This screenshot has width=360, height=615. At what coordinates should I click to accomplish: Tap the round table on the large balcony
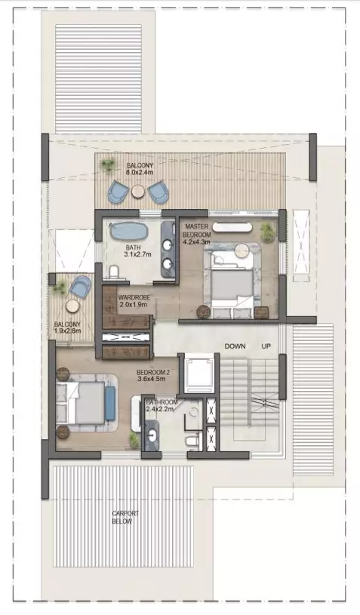(138, 191)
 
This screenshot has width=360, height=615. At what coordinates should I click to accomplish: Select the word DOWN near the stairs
(235, 346)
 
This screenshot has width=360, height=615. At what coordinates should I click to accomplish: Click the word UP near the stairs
(266, 346)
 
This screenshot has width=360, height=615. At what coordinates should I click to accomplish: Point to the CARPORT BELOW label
(125, 518)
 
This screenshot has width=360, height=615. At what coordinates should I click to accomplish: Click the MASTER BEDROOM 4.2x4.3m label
(197, 234)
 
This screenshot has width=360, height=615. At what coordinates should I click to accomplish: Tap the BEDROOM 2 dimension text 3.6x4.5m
(152, 380)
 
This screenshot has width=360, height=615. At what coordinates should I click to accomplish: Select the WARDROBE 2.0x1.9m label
(134, 301)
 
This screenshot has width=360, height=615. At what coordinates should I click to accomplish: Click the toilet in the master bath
(115, 272)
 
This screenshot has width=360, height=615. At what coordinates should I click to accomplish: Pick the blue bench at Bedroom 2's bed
(110, 404)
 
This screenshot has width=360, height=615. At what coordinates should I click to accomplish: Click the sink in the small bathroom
(152, 435)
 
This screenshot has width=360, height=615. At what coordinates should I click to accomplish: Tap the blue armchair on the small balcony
(81, 286)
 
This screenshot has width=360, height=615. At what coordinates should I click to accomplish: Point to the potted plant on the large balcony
(107, 165)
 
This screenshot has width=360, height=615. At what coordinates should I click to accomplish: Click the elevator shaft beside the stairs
(199, 374)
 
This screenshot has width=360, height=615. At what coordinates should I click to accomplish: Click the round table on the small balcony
(72, 306)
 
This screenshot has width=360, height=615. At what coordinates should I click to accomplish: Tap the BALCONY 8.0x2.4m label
(140, 169)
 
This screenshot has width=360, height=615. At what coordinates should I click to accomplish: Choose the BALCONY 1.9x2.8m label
(67, 327)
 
